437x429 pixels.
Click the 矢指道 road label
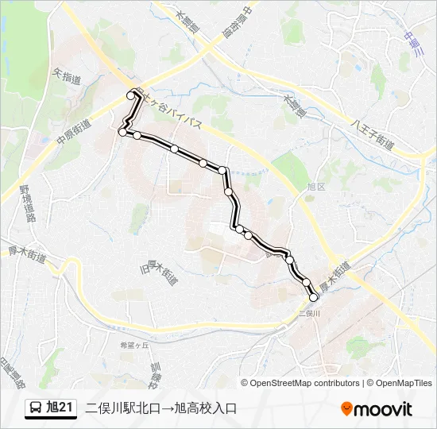click(66, 76)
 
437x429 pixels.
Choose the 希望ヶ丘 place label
click(134, 346)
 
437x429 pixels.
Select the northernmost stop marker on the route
click(131, 95)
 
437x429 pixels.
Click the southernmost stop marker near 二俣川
click(313, 297)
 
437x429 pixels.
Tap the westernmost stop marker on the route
click(122, 133)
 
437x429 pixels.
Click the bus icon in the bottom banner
click(37, 408)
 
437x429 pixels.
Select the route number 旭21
click(60, 408)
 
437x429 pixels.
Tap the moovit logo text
click(383, 409)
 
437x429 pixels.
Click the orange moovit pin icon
click(346, 409)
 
